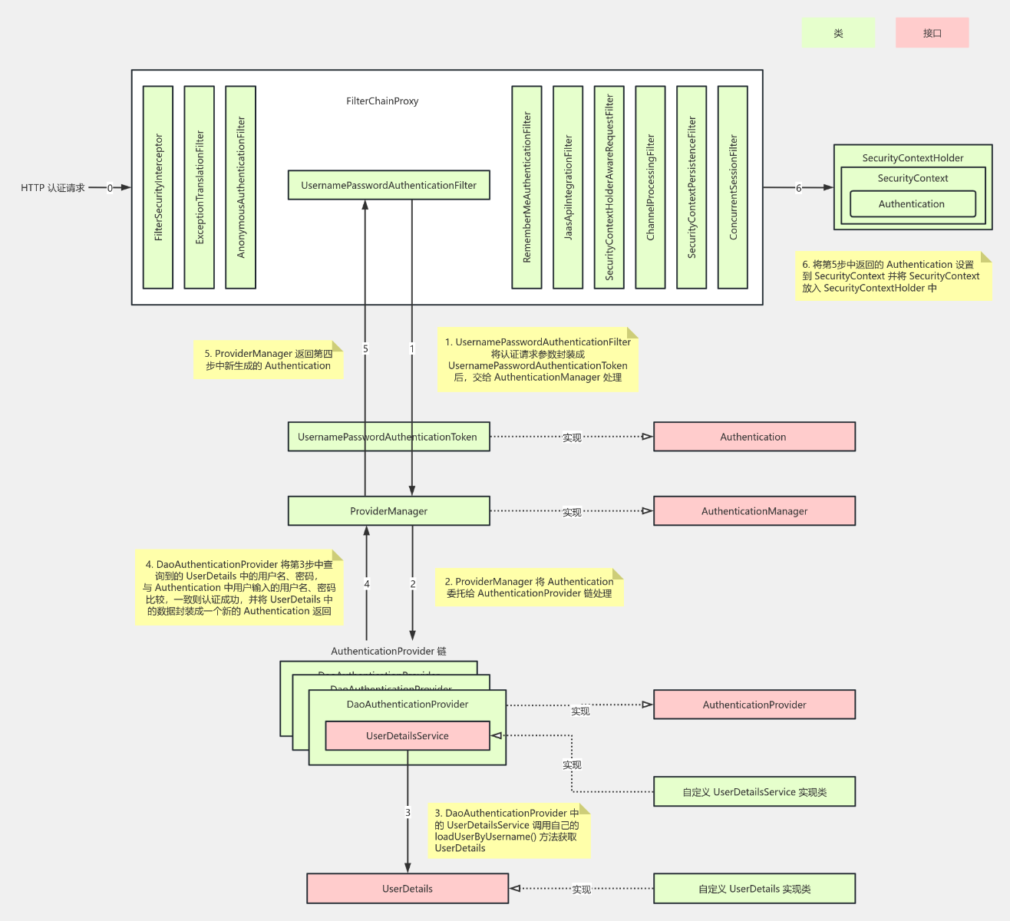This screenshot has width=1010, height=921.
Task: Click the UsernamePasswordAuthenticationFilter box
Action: coord(388,185)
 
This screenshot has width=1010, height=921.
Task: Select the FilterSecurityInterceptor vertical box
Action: coord(158,187)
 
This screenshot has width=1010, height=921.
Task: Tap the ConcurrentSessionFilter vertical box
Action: coord(732,187)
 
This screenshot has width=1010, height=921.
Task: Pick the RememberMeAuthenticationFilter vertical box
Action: coord(526,187)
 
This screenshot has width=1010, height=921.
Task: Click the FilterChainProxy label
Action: coord(382,101)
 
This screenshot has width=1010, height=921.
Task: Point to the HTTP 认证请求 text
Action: coord(52,188)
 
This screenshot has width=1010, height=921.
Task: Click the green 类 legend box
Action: coord(838,33)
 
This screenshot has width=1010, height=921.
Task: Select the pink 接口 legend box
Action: coord(932,33)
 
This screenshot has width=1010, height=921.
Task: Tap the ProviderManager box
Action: coord(388,511)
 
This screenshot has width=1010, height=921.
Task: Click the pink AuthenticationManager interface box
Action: coord(754,511)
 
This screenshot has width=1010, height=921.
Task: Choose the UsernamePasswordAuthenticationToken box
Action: coord(388,437)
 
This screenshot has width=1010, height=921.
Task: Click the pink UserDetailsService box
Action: coord(407,736)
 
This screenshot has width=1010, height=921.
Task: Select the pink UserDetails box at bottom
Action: coord(407,889)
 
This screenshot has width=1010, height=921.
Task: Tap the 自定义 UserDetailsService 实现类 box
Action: coord(754,792)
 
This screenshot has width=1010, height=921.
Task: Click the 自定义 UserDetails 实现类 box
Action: coord(754,889)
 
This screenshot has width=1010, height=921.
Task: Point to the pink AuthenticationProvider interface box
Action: coord(754,705)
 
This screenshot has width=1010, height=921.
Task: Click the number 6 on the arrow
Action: coord(798,188)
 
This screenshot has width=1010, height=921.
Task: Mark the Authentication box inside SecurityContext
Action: coord(912,204)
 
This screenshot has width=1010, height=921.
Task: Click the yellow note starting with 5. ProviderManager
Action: coord(268,360)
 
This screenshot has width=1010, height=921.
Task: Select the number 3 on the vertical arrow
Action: coord(408,812)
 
